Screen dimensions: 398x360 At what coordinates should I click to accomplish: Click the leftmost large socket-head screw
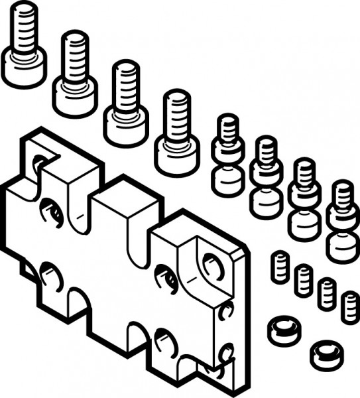23,46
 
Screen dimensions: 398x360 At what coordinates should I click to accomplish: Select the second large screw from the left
76,73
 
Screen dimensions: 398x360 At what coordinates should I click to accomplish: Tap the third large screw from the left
126,103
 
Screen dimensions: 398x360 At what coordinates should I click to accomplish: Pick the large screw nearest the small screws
177,133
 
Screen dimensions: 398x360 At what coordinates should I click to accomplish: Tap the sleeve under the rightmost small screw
343,244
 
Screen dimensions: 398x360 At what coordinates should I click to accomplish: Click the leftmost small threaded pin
281,265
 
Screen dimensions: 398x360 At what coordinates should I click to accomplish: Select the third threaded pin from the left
326,293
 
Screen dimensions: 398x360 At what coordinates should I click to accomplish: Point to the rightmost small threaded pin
349,306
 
